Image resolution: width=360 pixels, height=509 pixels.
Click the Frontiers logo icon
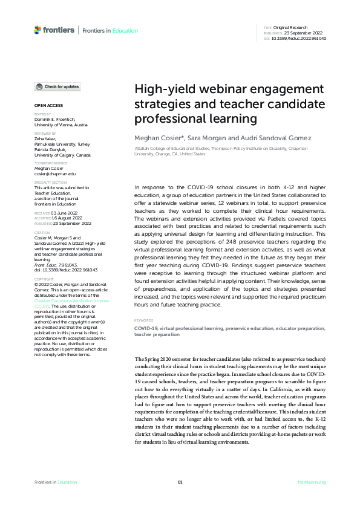[x=38, y=30]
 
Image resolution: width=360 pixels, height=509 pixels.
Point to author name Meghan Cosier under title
[x=154, y=138]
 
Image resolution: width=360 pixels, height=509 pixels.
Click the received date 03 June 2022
[x=63, y=213]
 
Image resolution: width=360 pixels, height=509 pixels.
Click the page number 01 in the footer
[x=180, y=482]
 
